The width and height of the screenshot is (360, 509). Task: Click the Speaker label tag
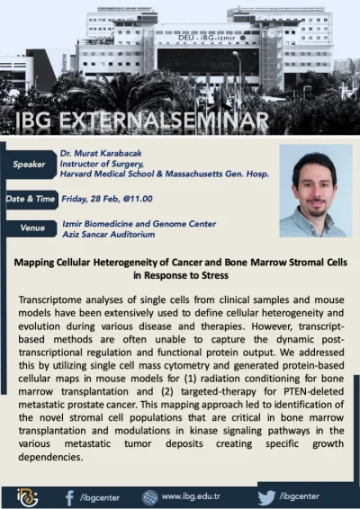(30, 164)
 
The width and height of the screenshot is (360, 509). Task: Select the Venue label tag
(32, 228)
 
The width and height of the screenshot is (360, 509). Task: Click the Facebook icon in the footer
(69, 496)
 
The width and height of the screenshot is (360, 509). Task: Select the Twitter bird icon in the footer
(265, 496)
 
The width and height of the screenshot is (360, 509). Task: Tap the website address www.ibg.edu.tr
(192, 496)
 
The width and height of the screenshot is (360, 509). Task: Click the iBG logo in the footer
(28, 496)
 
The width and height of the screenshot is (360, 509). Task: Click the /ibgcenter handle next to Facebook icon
(98, 496)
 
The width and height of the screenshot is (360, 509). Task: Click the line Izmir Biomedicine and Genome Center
(126, 222)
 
